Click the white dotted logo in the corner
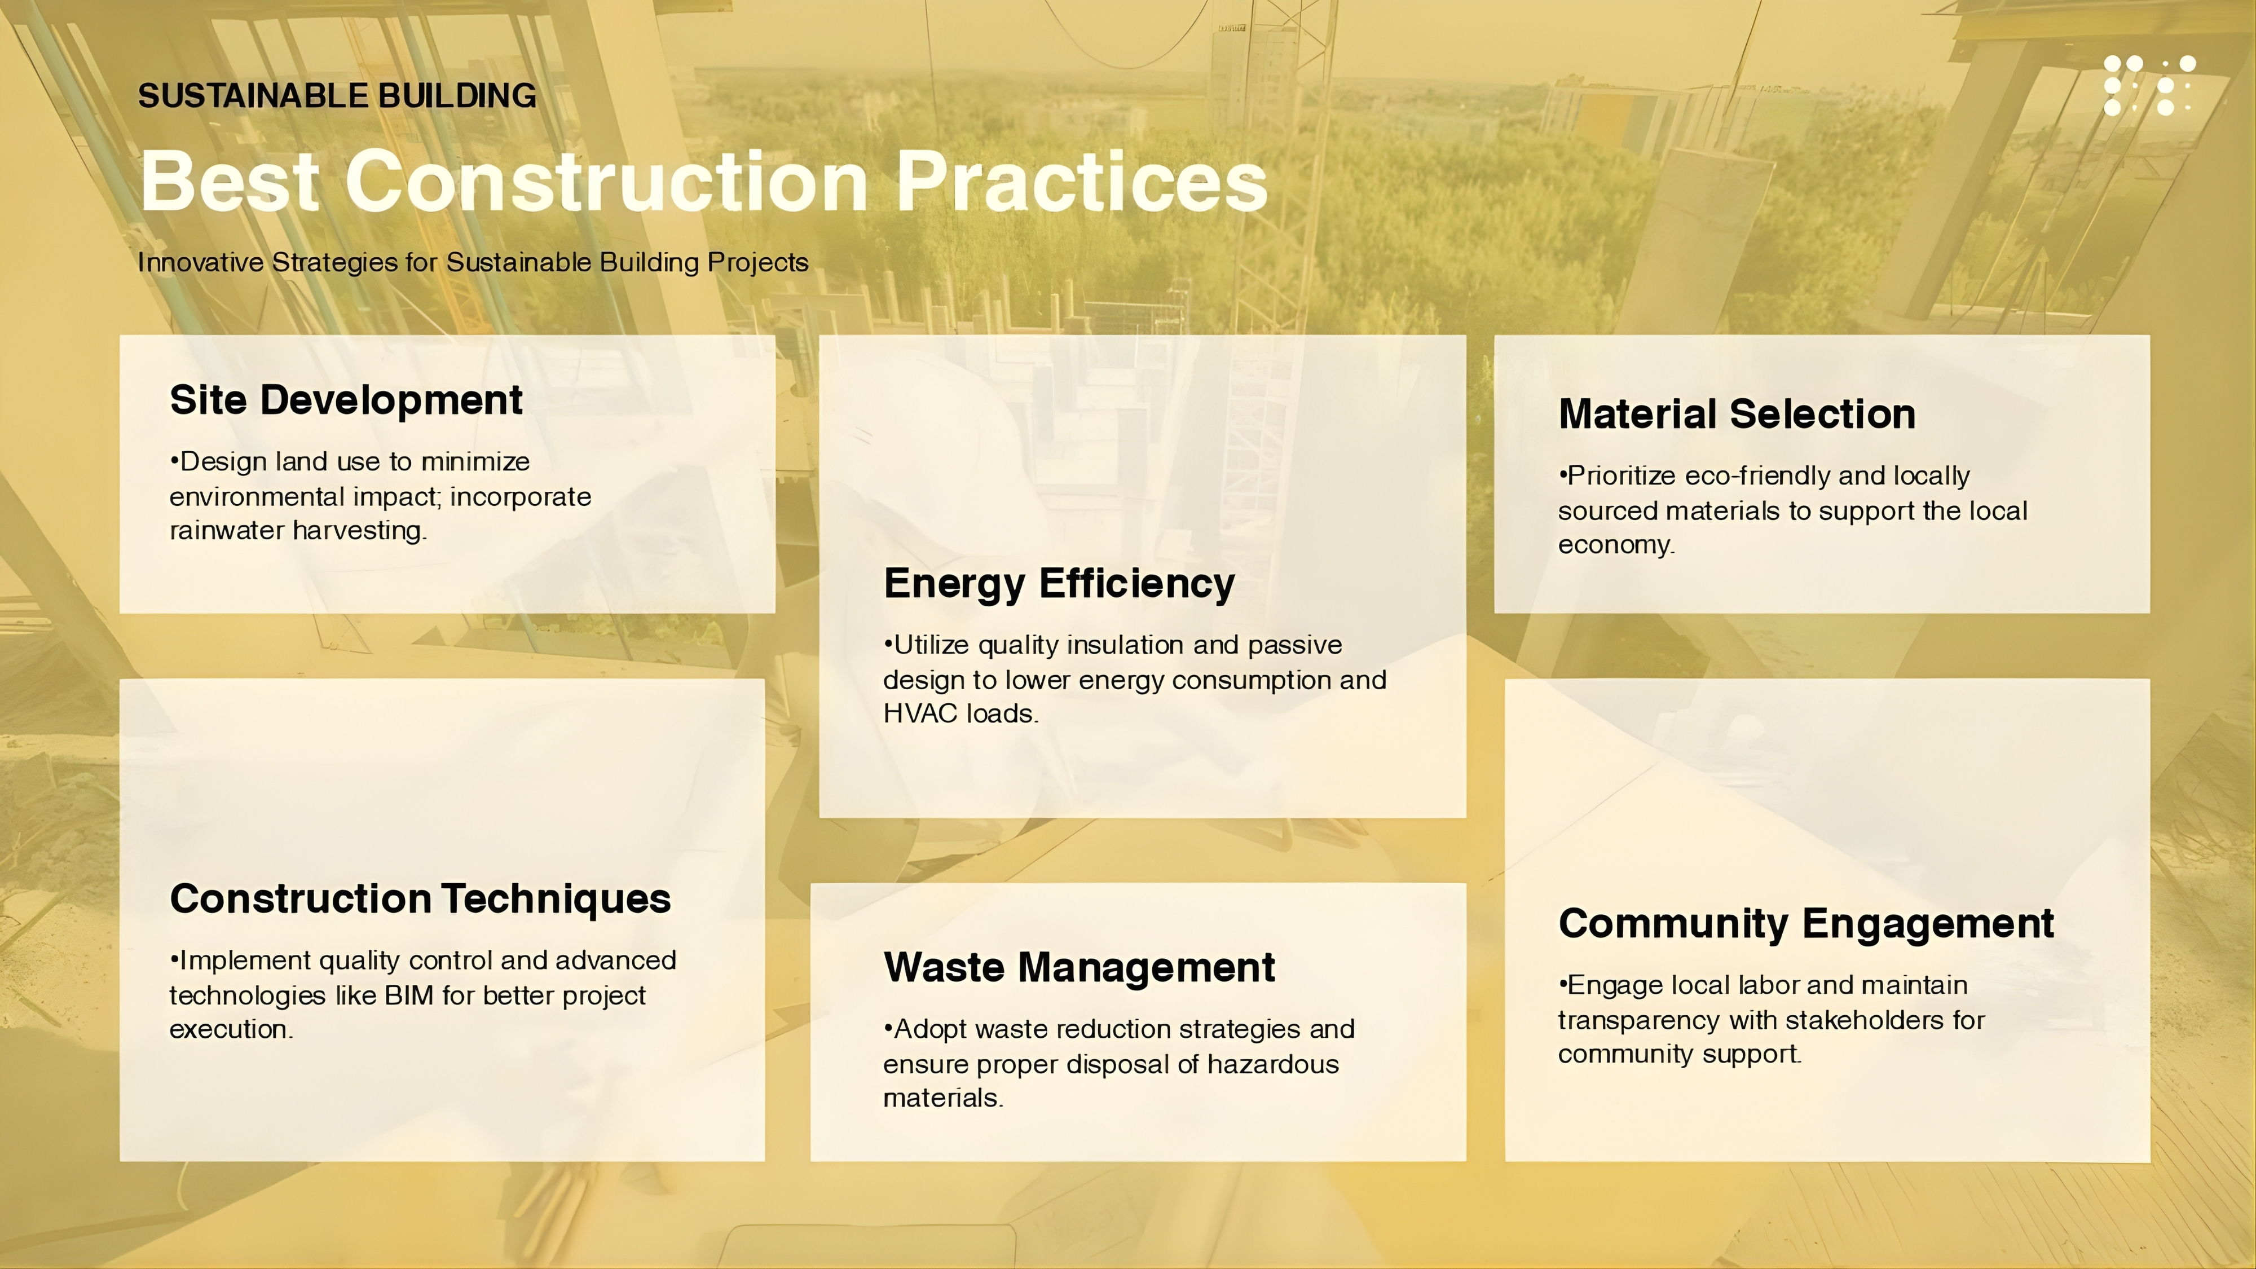point(2149,85)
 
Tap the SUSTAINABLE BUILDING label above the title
point(337,95)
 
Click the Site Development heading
point(346,400)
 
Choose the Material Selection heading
point(1737,413)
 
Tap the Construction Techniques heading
point(420,898)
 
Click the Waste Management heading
point(1079,968)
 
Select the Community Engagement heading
point(1806,924)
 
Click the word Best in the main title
point(230,180)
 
